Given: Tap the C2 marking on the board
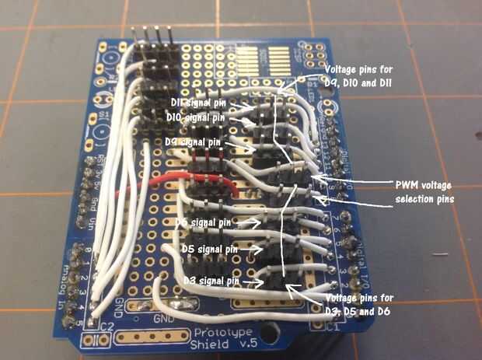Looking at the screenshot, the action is coord(106,327).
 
